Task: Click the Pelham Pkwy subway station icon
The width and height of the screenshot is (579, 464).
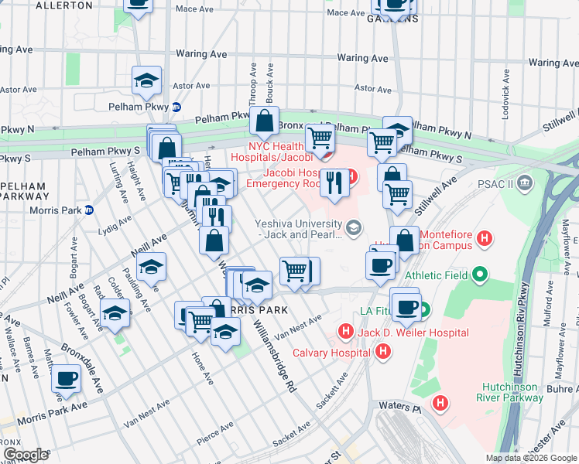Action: click(176, 107)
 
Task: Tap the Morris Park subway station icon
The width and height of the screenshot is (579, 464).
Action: click(88, 210)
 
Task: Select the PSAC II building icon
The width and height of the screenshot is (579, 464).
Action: click(526, 183)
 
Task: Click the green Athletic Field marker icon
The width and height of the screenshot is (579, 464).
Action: click(480, 273)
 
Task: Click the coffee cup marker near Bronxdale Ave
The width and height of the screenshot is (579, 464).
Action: click(67, 378)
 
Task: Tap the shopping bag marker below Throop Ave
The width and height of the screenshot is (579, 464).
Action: click(265, 121)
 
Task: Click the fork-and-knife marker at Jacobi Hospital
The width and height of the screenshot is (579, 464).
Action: click(334, 183)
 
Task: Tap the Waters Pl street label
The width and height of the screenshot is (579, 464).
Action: click(393, 405)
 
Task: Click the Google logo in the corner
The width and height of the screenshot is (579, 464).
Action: click(26, 454)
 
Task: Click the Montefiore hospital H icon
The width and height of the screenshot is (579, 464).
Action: click(485, 237)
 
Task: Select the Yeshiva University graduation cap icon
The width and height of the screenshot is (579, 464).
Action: click(354, 227)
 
